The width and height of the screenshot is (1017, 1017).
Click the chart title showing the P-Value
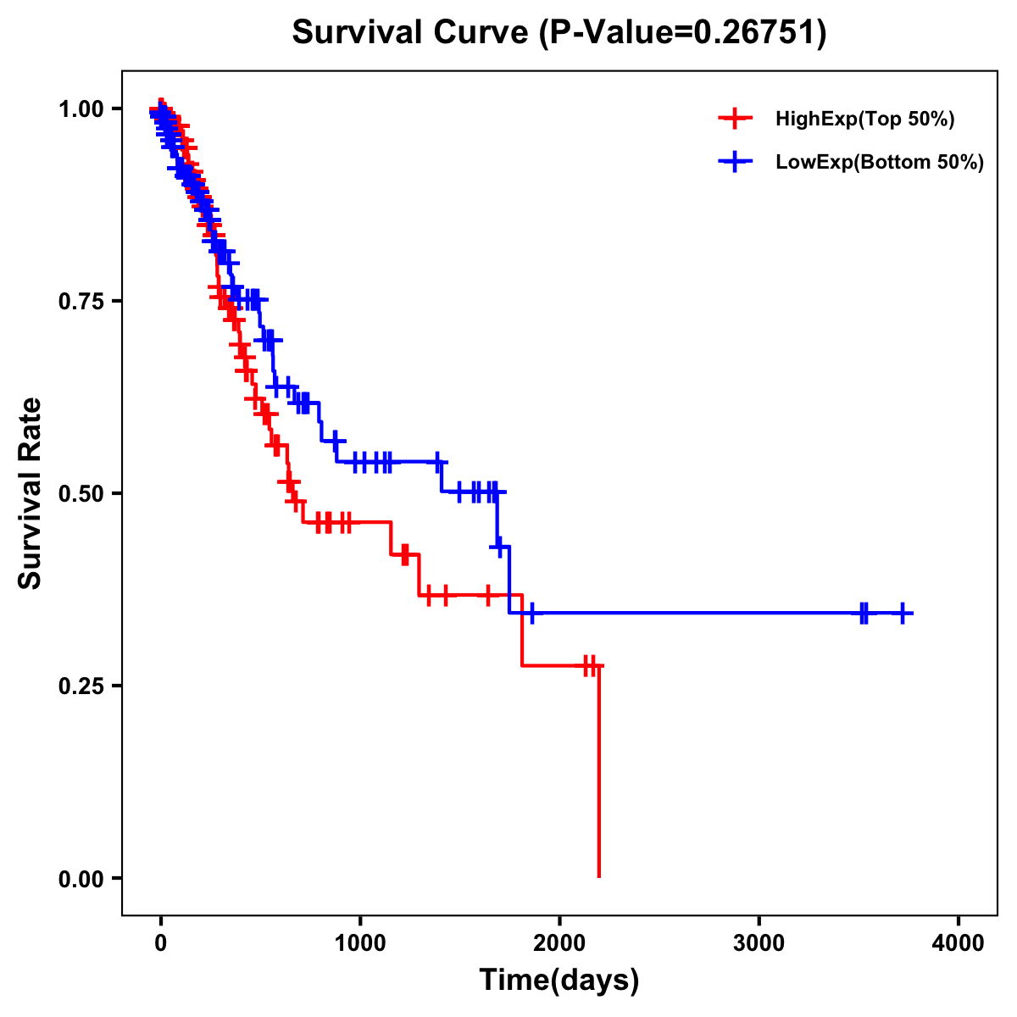click(x=559, y=33)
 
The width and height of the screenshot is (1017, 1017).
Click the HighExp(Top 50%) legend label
click(x=864, y=119)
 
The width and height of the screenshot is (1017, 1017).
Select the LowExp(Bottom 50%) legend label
click(x=880, y=163)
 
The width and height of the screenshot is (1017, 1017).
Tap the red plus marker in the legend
click(x=735, y=119)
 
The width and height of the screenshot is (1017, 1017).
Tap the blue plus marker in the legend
click(x=735, y=162)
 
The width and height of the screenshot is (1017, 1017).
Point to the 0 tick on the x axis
click(x=161, y=943)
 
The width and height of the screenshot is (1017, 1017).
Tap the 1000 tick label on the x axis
click(x=360, y=943)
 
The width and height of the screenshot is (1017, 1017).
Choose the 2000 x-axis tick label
click(x=559, y=943)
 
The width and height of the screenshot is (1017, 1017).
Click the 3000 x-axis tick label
click(x=759, y=943)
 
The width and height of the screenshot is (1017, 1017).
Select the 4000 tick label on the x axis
click(x=958, y=943)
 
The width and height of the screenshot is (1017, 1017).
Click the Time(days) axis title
click(x=559, y=981)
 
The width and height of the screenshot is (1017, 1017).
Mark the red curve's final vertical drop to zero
click(x=598, y=771)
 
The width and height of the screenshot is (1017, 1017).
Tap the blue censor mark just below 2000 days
click(x=531, y=613)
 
